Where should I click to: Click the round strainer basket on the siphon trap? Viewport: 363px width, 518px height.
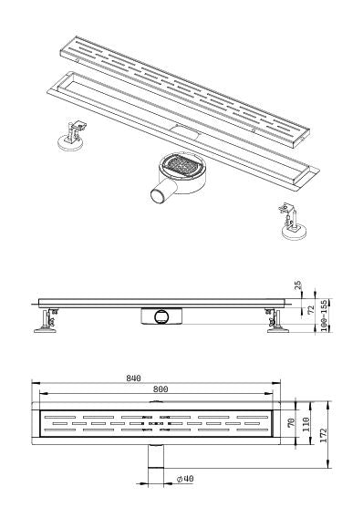pyautogui.click(x=181, y=168)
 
